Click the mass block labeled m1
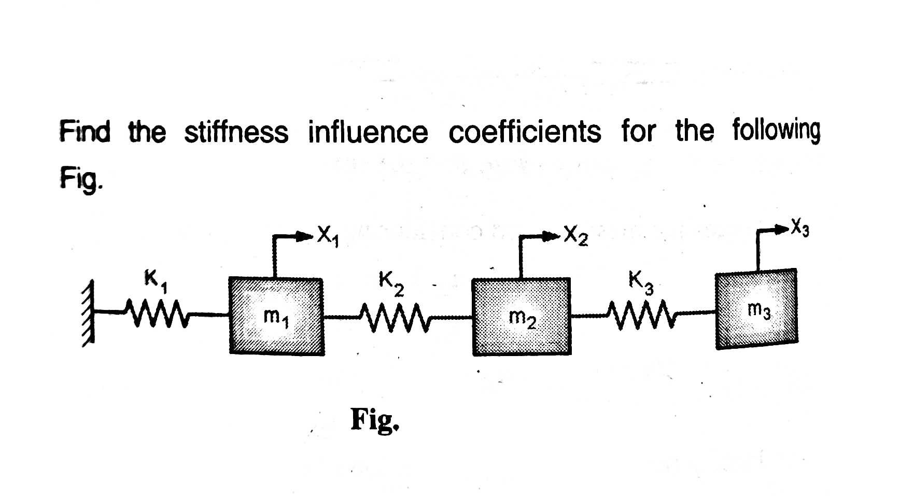[276, 316]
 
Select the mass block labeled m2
[521, 317]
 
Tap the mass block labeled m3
[756, 309]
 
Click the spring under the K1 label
[156, 313]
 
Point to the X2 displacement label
[575, 236]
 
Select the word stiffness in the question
[236, 132]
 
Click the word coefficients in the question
[524, 132]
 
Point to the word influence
[368, 132]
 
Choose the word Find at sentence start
[85, 131]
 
